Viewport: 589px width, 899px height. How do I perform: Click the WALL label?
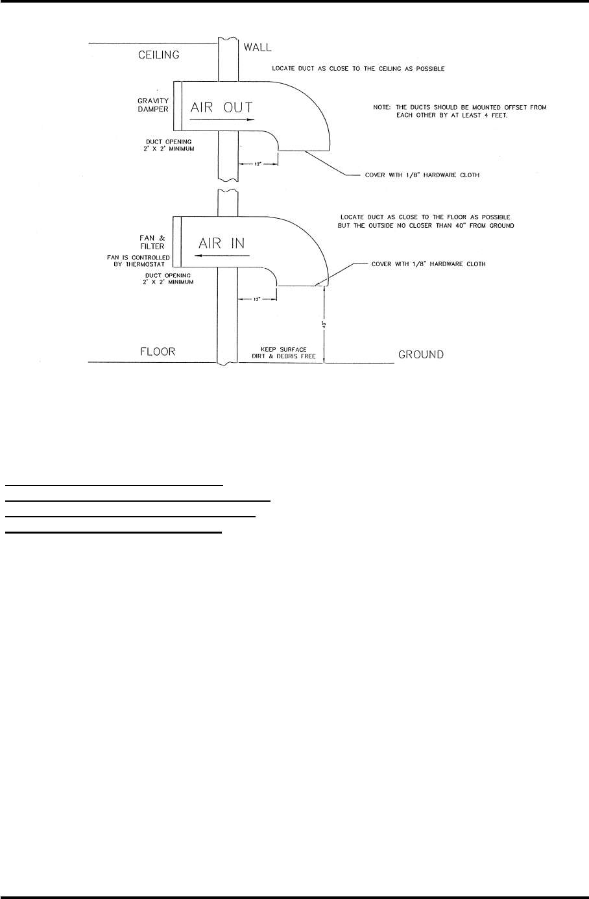click(x=258, y=47)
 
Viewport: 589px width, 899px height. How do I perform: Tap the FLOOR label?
click(x=158, y=352)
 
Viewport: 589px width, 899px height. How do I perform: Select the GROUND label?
click(x=421, y=354)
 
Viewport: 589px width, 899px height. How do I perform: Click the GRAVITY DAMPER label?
click(x=152, y=105)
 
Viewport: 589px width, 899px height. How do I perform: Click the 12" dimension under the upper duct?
click(x=258, y=164)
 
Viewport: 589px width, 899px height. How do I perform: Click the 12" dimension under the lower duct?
click(x=257, y=299)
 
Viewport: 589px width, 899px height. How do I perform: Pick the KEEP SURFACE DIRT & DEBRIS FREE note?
click(x=283, y=352)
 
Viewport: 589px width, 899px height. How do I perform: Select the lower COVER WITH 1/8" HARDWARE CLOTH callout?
click(x=428, y=264)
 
